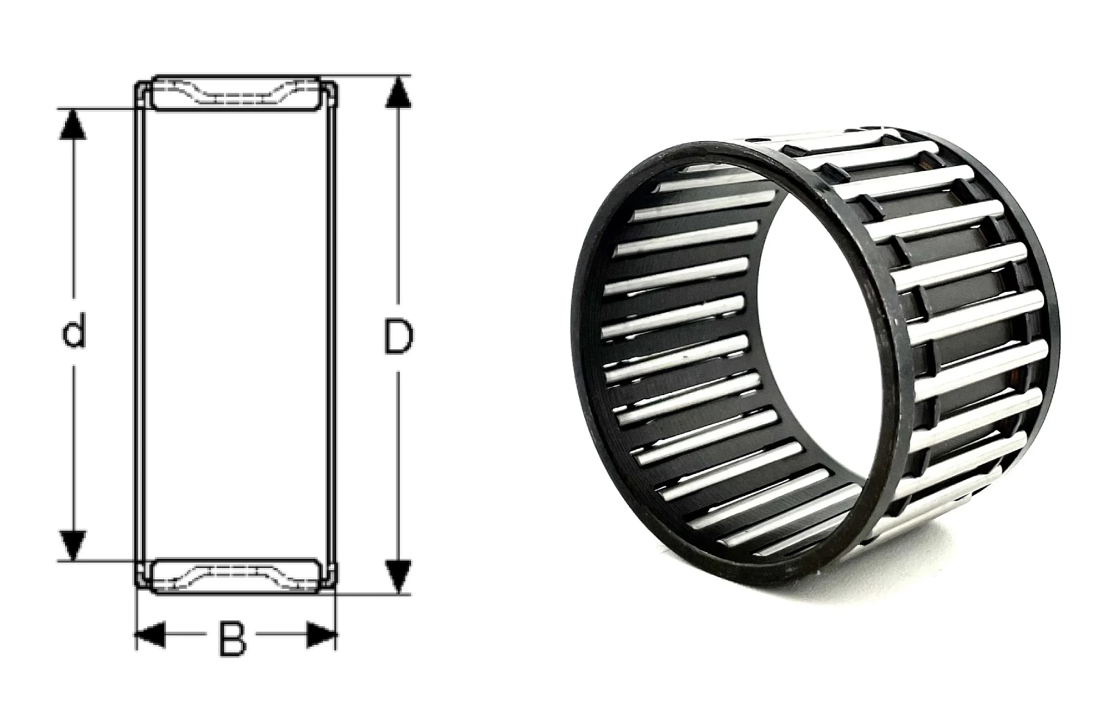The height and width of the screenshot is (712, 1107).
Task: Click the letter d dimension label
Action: click(73, 329)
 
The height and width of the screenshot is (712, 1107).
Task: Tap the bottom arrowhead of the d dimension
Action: click(73, 545)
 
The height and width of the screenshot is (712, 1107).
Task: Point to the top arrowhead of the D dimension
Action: click(398, 93)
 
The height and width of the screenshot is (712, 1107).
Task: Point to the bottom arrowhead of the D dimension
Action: click(398, 576)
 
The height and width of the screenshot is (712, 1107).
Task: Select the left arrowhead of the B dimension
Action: click(150, 635)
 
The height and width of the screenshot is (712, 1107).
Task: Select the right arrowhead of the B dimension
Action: click(322, 635)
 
